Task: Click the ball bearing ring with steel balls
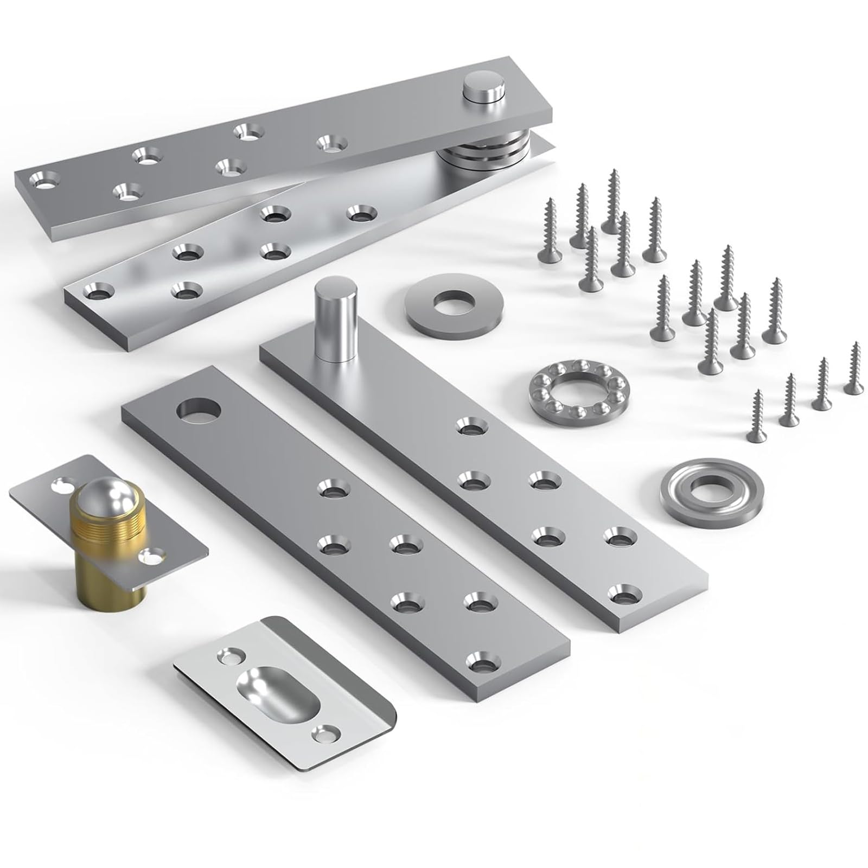click(x=564, y=388)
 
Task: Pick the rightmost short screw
click(x=853, y=369)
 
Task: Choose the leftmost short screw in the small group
click(x=755, y=417)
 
